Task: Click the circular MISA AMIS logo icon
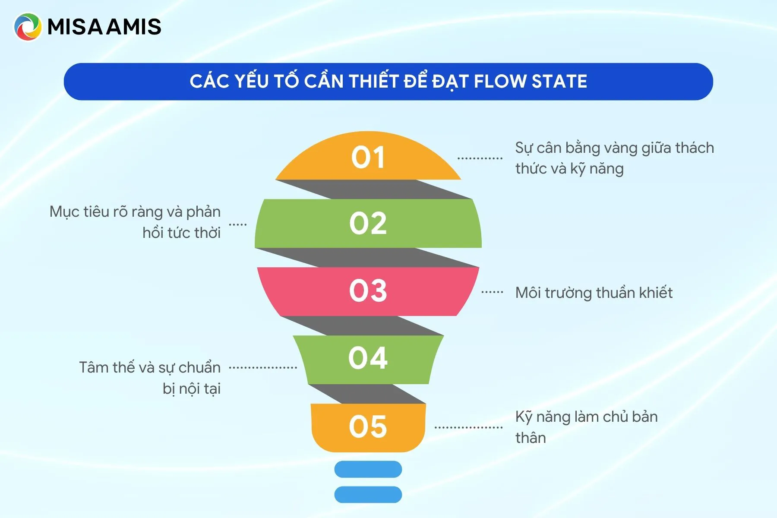(28, 27)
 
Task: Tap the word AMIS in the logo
(133, 27)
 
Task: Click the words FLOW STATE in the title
(531, 82)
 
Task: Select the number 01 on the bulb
(368, 157)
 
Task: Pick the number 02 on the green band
(368, 224)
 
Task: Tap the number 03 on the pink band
(368, 290)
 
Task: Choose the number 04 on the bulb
(368, 358)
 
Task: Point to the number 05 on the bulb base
(368, 426)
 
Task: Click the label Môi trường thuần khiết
(594, 293)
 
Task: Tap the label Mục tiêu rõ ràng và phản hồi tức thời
(135, 222)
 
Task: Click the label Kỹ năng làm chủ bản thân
(587, 427)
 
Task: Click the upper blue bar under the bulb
(368, 469)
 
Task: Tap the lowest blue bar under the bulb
(368, 495)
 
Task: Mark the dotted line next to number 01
(480, 158)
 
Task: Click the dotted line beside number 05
(468, 428)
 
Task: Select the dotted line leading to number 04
(263, 368)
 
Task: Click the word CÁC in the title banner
(209, 82)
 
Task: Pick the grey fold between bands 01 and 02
(374, 190)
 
